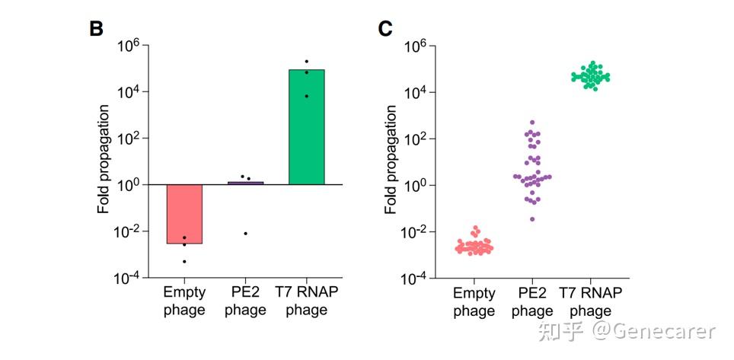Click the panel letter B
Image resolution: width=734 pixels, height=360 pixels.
[96, 29]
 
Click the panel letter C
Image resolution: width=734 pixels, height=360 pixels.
[385, 29]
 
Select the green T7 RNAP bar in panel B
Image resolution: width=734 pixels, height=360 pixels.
[306, 126]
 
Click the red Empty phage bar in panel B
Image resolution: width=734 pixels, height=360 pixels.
[184, 214]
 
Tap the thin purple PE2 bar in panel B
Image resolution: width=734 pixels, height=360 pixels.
[245, 183]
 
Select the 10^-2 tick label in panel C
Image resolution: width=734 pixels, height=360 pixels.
[416, 231]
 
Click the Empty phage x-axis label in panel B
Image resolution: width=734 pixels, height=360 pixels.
[184, 301]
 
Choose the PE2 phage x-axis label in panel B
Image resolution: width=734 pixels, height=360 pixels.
[245, 301]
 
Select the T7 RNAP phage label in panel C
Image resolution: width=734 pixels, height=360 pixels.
[591, 301]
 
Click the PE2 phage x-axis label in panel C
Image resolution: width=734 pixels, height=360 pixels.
[532, 301]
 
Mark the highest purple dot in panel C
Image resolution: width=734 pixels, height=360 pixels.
[532, 122]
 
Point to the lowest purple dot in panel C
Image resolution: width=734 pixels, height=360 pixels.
[532, 219]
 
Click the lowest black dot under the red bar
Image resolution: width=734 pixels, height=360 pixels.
[184, 262]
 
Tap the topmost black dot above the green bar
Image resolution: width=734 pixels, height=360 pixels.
[306, 61]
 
